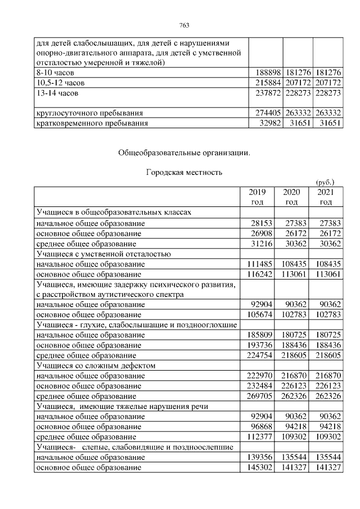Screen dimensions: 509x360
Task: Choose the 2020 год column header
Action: (291, 197)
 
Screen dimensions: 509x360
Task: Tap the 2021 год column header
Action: (325, 197)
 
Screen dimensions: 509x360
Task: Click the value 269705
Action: (259, 395)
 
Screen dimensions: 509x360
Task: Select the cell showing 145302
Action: (259, 466)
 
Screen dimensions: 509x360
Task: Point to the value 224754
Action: (259, 355)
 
